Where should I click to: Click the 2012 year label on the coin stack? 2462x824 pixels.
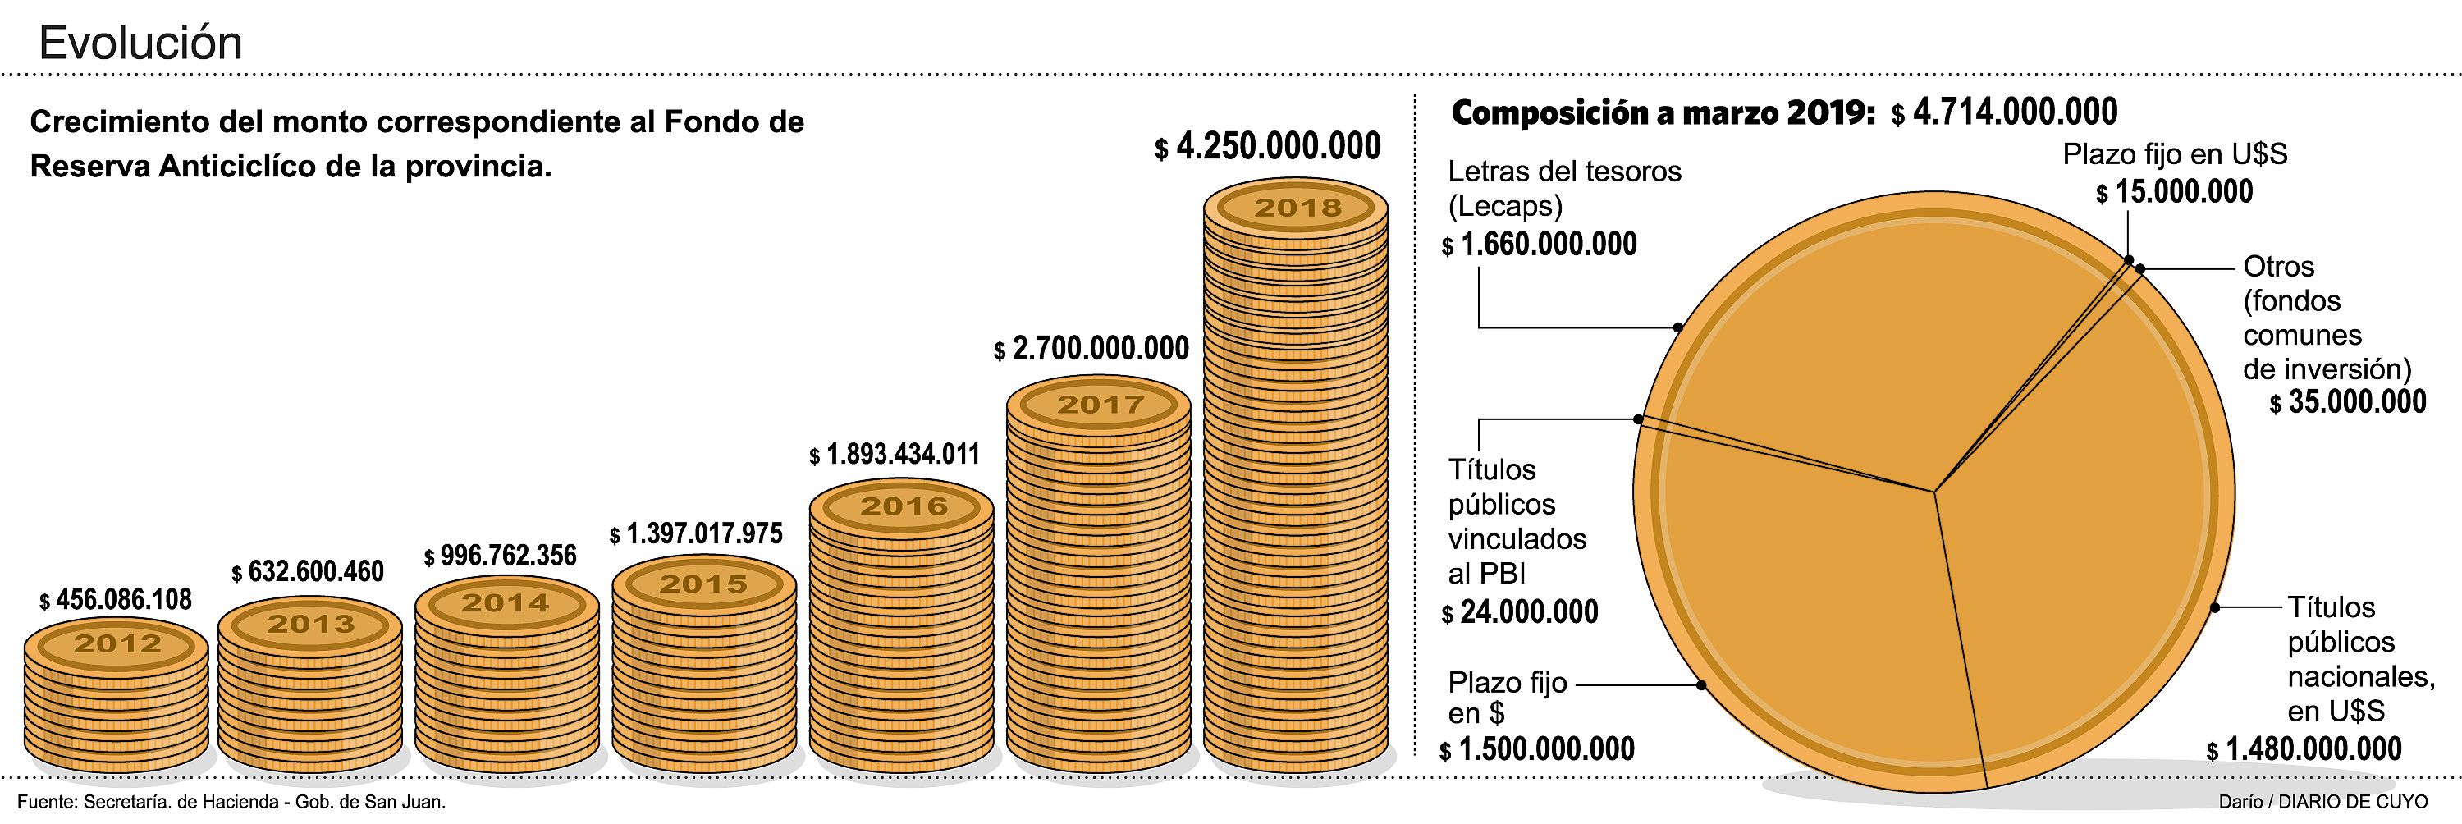117,643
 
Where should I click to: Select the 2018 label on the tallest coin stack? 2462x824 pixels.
1297,208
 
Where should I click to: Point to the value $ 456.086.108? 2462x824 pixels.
116,599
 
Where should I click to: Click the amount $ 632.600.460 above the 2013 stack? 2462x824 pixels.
308,572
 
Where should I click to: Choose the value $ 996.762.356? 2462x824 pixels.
501,556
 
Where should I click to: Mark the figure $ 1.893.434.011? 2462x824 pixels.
895,454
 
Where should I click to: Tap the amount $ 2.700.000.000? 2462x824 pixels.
1091,349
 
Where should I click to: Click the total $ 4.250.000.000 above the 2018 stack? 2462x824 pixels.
1268,146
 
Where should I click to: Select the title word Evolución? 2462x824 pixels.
140,43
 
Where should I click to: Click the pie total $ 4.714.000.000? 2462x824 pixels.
2004,112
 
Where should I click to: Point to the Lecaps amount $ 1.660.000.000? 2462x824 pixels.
1540,245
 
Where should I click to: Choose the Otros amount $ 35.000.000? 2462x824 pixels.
2348,402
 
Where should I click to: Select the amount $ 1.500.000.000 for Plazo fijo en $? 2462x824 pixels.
1538,749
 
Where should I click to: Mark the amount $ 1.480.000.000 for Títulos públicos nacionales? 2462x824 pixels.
2304,749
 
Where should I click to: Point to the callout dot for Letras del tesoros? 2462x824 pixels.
1678,327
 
